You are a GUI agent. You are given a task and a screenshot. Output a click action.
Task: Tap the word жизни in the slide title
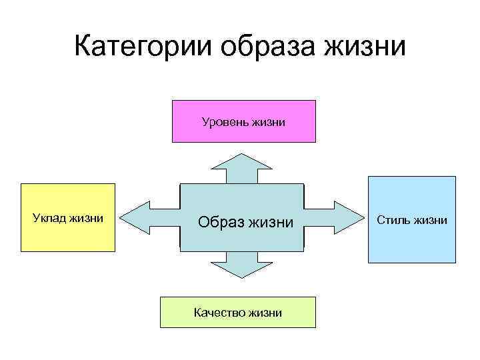(365, 47)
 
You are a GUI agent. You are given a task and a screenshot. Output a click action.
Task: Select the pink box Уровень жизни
(244, 121)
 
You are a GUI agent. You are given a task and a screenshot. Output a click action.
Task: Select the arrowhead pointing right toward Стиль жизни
(349, 217)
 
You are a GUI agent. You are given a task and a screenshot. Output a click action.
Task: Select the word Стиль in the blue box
(393, 219)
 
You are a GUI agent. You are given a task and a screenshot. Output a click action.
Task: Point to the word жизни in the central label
(271, 221)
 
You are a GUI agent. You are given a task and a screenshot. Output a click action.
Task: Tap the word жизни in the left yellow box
(87, 217)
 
